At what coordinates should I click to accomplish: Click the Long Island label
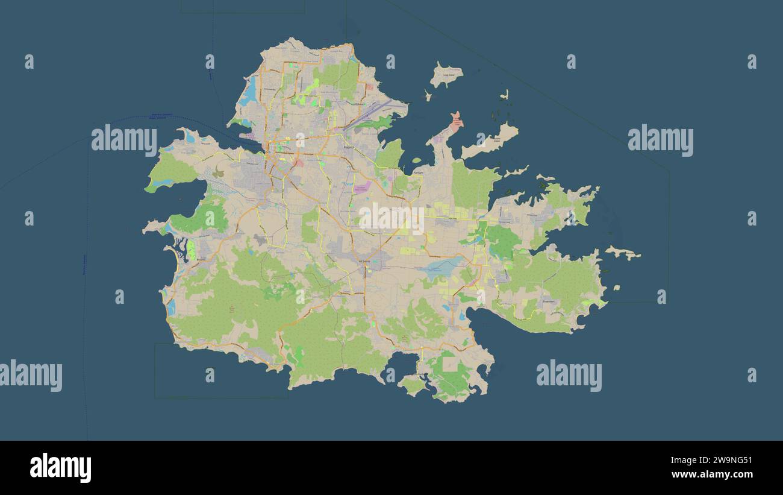449,75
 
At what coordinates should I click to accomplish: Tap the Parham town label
418,172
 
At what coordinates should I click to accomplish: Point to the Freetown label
547,300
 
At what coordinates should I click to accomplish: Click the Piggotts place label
349,147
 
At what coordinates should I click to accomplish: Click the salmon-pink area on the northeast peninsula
456,122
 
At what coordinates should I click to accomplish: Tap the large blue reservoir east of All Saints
443,266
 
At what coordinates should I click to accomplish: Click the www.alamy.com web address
712,475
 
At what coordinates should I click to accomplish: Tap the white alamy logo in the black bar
60,468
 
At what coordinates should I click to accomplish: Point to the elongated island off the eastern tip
623,253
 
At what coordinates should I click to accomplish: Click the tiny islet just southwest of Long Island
428,95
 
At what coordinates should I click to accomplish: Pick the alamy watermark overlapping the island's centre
391,219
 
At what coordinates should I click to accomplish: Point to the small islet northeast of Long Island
505,95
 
